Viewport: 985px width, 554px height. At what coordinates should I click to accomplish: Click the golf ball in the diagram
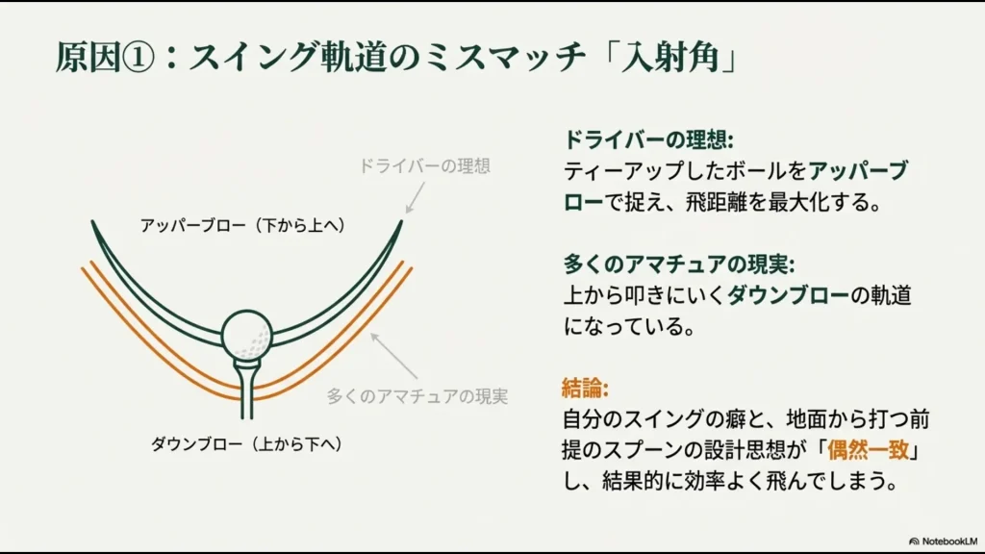coord(246,335)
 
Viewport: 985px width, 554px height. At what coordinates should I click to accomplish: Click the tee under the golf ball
coord(246,385)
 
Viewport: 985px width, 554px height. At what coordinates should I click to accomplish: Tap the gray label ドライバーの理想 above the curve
coord(424,165)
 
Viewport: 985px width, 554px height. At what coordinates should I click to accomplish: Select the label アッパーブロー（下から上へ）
coord(242,226)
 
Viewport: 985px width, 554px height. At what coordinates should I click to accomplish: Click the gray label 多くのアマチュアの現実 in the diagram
coord(417,395)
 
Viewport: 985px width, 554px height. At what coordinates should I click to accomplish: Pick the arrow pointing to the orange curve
coord(394,355)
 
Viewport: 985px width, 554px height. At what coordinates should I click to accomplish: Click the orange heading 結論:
coord(585,389)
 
